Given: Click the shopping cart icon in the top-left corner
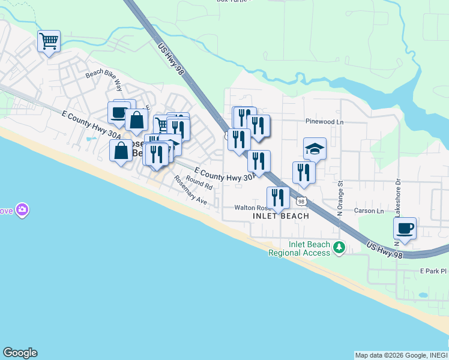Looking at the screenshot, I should (49, 42).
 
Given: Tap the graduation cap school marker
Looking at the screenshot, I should (315, 148).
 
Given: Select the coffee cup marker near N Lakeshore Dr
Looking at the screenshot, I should (405, 228).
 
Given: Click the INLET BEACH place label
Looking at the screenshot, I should (281, 216).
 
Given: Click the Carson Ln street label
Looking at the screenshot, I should (369, 211).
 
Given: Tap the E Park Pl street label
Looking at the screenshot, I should (432, 271).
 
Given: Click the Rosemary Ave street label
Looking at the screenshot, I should (190, 191).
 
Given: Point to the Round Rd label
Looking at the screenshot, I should (196, 179).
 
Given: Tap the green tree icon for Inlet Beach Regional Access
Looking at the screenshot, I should (339, 247).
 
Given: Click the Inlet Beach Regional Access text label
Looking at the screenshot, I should (300, 248).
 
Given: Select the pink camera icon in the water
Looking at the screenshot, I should (22, 209).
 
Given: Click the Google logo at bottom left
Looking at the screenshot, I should (20, 353).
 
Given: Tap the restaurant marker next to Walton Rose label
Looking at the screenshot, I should (278, 197).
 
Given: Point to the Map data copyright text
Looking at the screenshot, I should (400, 355).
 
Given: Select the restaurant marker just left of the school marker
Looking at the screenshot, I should (304, 172).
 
